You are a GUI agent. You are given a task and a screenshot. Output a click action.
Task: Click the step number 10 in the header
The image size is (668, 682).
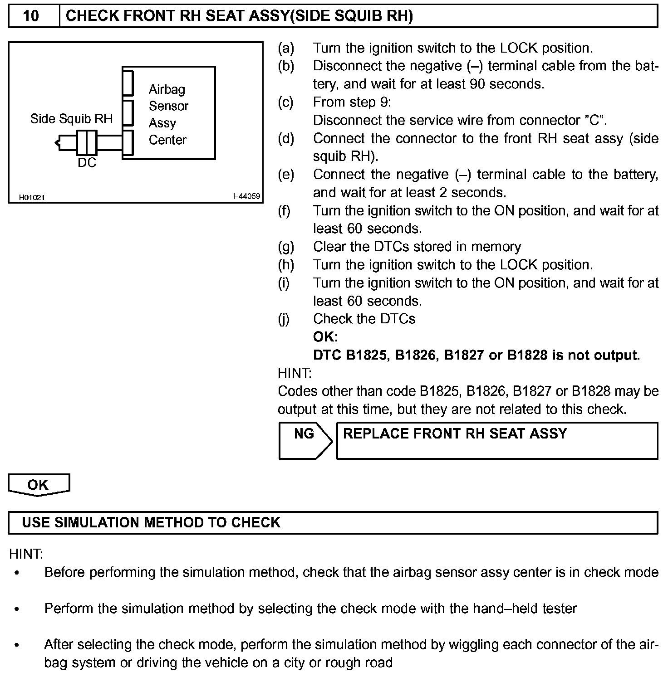(x=31, y=16)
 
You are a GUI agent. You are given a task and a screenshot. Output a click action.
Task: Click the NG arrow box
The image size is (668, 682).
(x=305, y=440)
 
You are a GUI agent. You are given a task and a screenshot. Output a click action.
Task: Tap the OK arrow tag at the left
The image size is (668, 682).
(x=39, y=484)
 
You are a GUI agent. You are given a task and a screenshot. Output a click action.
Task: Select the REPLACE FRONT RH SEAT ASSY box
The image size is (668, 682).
(x=497, y=440)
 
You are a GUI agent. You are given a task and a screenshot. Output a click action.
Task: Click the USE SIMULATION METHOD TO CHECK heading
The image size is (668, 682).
(x=151, y=522)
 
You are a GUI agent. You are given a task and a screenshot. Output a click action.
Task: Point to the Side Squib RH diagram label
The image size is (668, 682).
(x=71, y=119)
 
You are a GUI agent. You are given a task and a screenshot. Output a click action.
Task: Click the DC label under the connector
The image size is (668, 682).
(x=87, y=163)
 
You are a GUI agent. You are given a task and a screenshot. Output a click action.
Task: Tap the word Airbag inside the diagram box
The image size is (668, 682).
(x=167, y=89)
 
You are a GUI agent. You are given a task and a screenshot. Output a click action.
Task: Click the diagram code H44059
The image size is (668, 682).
(x=246, y=196)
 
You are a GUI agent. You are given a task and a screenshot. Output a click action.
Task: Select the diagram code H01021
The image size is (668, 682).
(x=32, y=197)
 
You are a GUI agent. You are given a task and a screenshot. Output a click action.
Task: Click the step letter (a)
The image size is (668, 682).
(x=286, y=48)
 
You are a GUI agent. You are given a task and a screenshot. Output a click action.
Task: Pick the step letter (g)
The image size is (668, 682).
(x=286, y=247)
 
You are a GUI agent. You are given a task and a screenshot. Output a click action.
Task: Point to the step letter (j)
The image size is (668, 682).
(x=284, y=319)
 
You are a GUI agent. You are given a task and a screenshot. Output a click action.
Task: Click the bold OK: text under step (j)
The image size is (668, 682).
(x=325, y=337)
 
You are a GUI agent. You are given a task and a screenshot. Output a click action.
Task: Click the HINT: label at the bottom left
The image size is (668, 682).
(x=26, y=554)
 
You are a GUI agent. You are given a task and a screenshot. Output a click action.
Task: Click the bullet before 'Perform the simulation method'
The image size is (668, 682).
(x=17, y=609)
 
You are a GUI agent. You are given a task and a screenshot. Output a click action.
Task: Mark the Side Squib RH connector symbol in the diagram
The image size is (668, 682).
(x=86, y=142)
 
